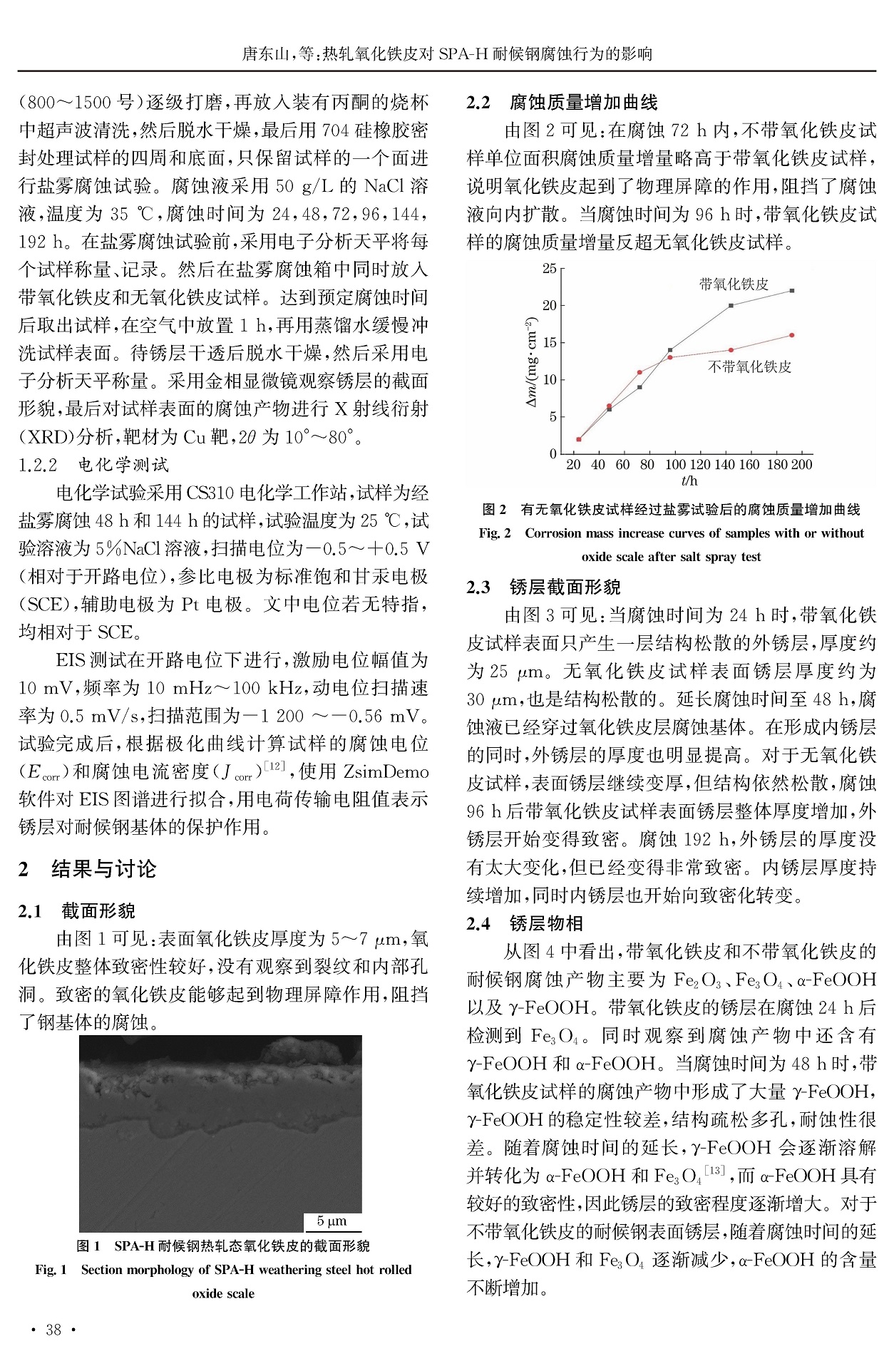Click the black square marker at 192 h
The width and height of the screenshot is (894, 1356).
coord(791,291)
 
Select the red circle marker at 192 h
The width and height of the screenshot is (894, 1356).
coord(791,335)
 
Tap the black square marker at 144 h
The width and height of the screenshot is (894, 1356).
coord(731,306)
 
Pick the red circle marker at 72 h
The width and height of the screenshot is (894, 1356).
coord(639,372)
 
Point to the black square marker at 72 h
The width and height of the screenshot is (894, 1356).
coord(639,387)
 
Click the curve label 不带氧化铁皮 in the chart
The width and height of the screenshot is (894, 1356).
coord(749,367)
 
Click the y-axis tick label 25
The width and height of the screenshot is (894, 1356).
coord(549,269)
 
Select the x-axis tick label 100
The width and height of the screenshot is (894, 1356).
coord(675,465)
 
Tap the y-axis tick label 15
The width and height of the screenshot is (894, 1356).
coord(549,343)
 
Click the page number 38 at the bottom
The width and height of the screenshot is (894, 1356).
coord(53,1330)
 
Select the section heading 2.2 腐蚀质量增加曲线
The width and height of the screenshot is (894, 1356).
coord(562,103)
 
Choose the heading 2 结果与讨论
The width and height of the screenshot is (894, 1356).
coord(87,869)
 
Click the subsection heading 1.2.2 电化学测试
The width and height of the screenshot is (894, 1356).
coord(93,466)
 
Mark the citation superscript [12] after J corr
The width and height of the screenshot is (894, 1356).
coord(274,766)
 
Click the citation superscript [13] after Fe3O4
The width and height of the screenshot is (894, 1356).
coord(714,1170)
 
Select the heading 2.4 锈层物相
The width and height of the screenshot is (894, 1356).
coord(525,924)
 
